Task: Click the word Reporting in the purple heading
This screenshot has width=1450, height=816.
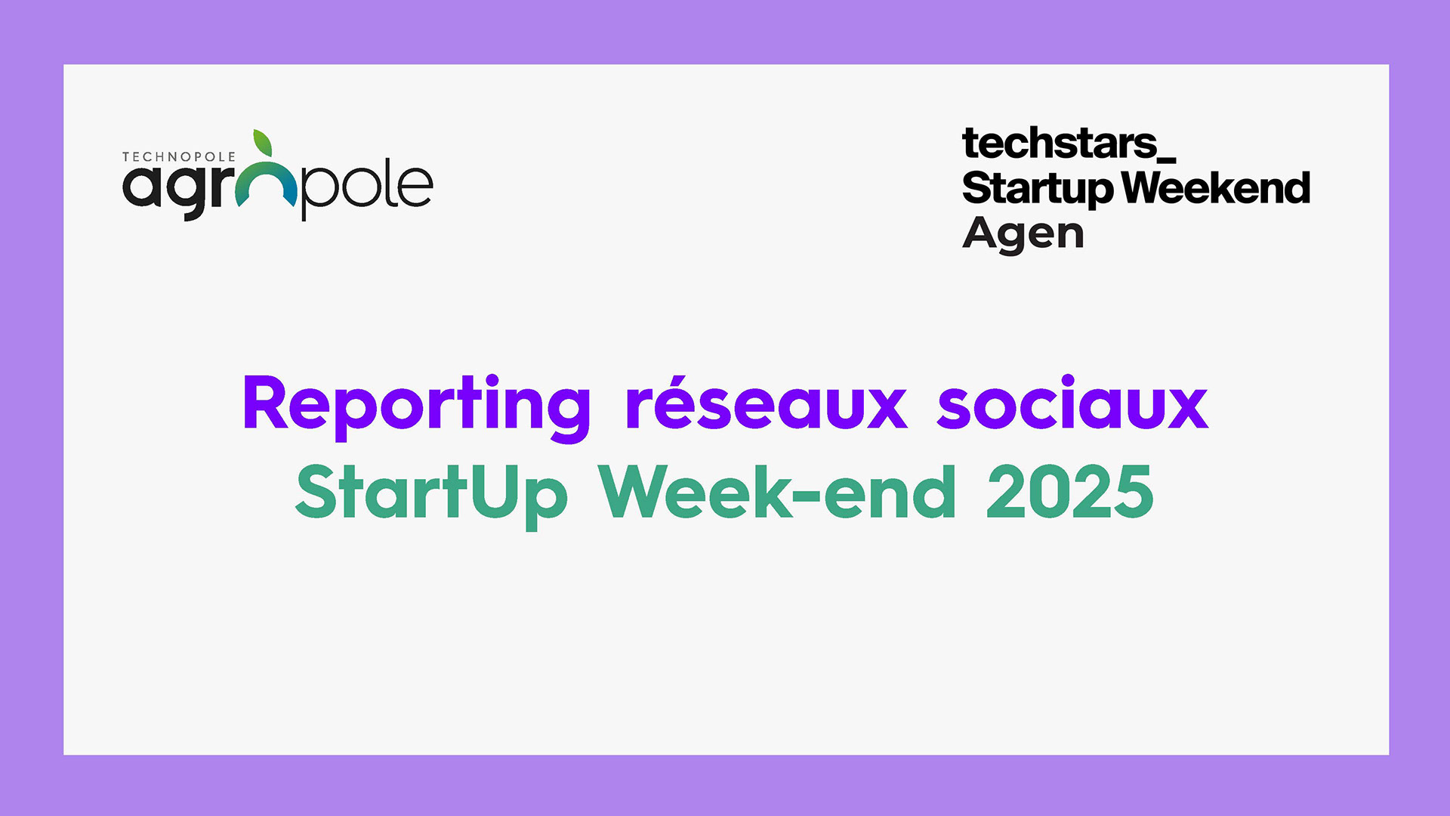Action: click(x=416, y=407)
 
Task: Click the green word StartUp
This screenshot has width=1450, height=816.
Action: click(x=431, y=496)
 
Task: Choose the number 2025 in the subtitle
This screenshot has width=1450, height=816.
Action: click(x=1070, y=492)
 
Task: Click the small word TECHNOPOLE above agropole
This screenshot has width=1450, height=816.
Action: click(x=179, y=157)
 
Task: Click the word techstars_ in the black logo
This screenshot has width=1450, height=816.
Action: click(x=1069, y=144)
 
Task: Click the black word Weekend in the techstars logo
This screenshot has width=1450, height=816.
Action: click(x=1216, y=187)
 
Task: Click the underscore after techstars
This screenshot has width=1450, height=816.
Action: click(x=1167, y=159)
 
